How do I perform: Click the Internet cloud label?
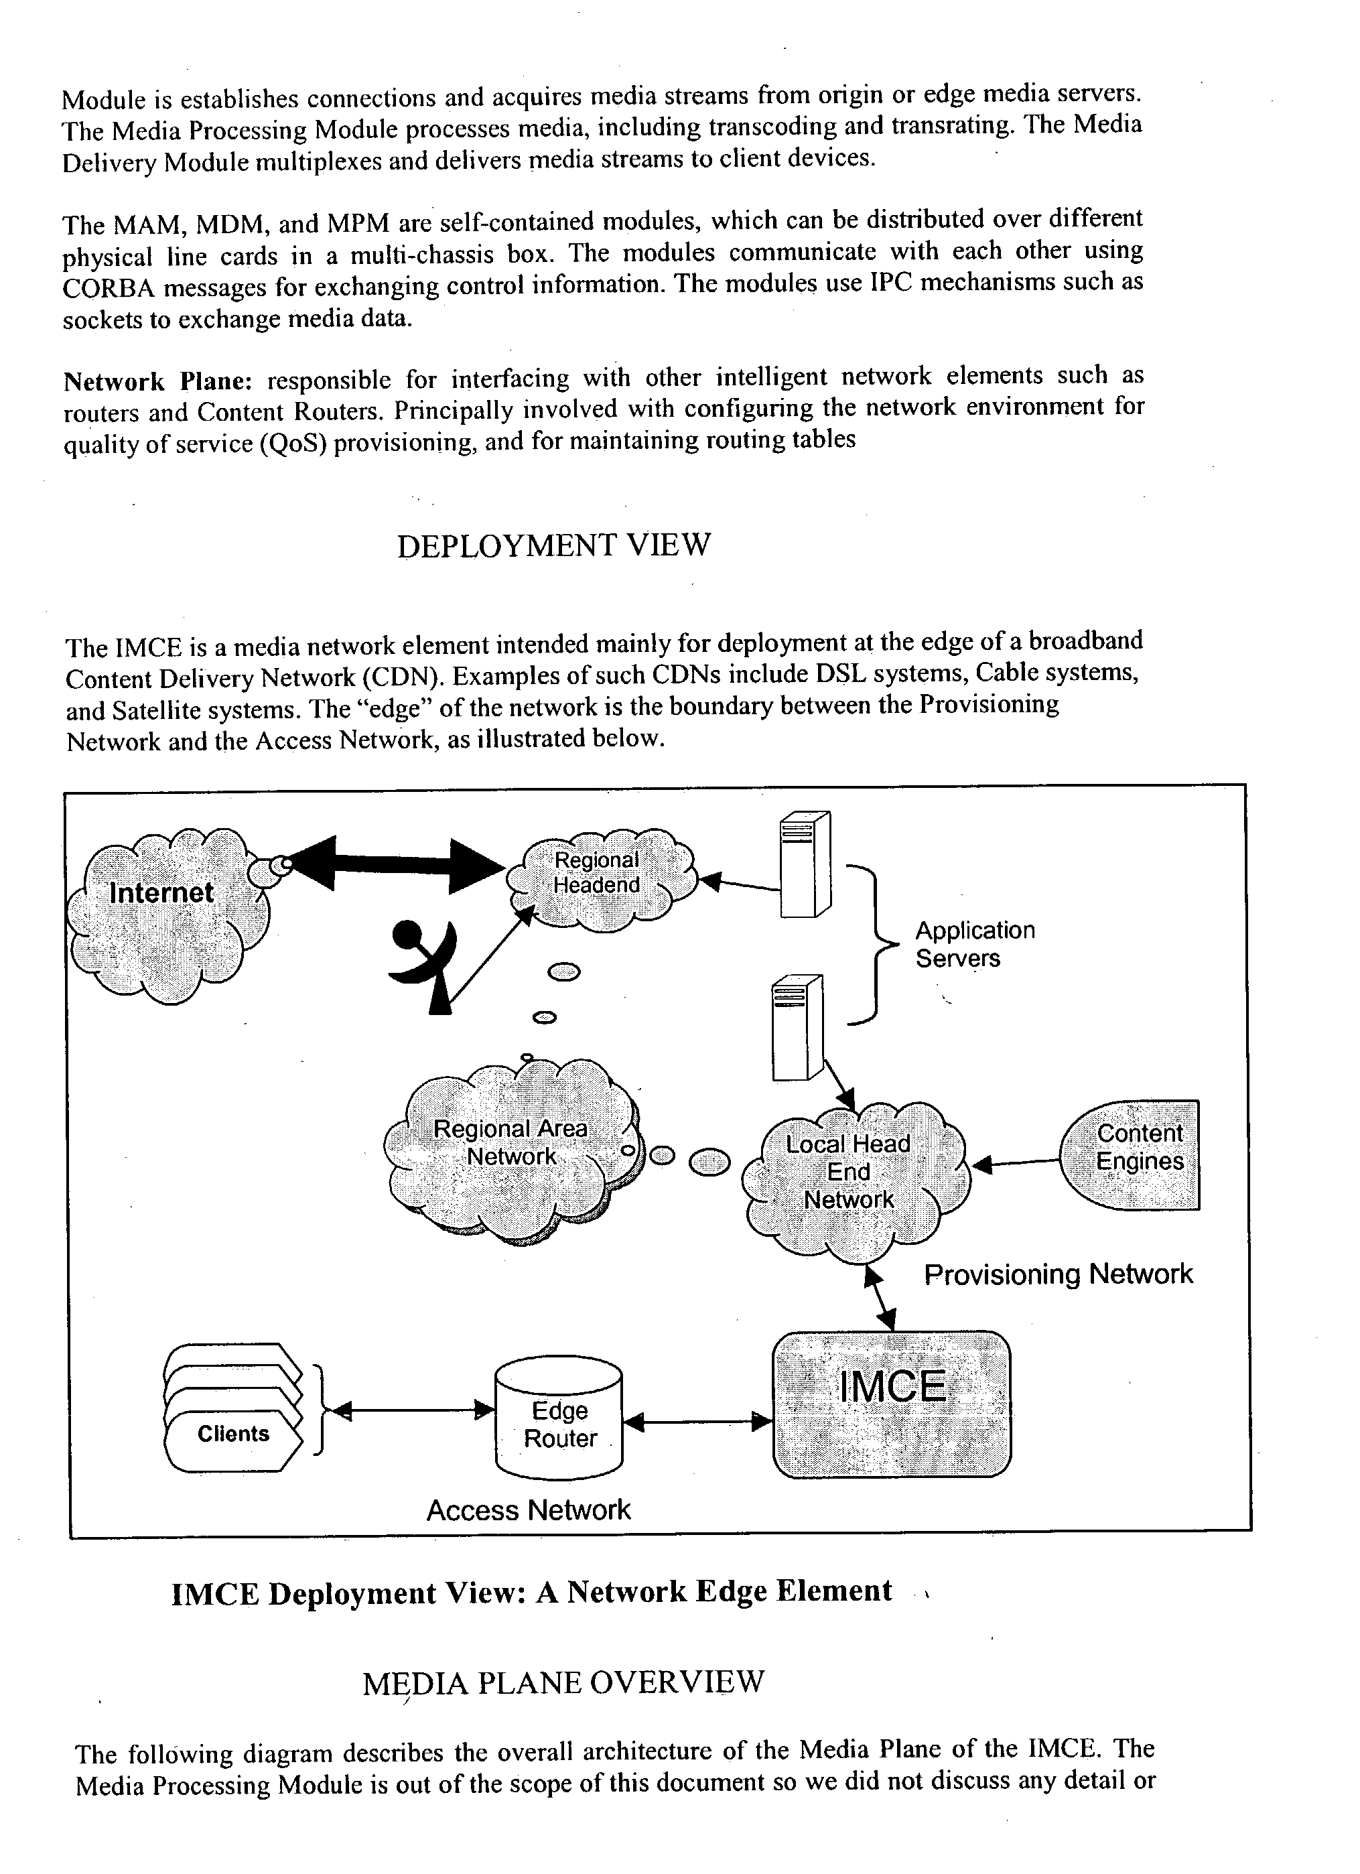coord(162,893)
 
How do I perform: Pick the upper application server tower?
coord(804,865)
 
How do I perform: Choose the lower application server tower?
coord(797,1027)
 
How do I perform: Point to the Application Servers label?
coord(974,945)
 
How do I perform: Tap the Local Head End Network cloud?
coord(849,1173)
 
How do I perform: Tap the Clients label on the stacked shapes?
coord(233,1434)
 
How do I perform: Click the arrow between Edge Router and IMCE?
coord(697,1422)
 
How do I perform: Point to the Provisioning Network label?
coord(1058,1274)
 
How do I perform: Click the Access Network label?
coord(528,1510)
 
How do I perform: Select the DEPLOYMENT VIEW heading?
coord(553,546)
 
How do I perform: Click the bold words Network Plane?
coord(157,382)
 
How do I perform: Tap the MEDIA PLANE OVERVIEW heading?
coord(563,1683)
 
